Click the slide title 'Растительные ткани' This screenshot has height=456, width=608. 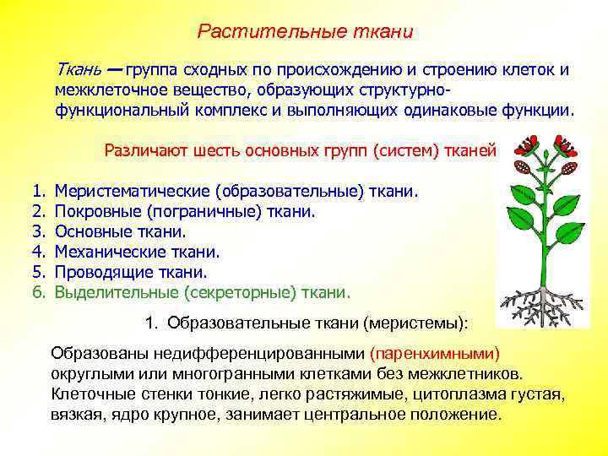[305, 32]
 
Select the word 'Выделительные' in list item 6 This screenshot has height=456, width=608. [106, 292]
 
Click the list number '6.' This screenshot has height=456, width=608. [38, 292]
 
